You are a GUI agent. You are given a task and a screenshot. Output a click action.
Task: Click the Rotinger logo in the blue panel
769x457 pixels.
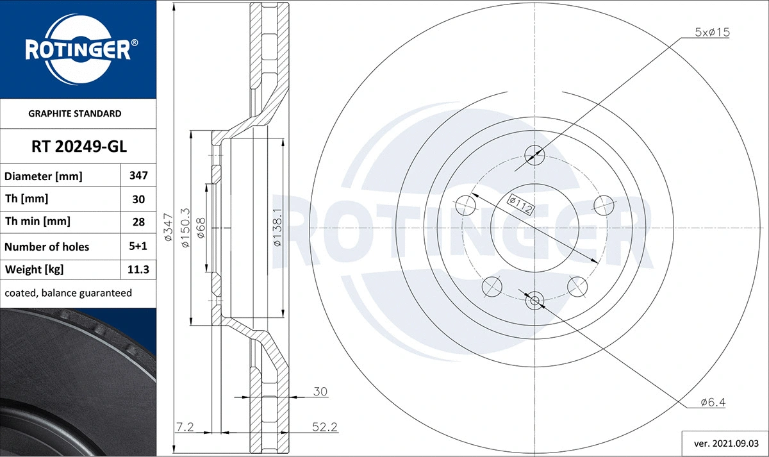pos(78,49)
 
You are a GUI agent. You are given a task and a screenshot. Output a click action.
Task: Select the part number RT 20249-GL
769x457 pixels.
pos(79,147)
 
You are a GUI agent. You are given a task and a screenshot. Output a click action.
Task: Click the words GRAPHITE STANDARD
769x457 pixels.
pos(75,113)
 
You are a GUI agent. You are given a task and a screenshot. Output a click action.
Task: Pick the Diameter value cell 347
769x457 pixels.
pos(138,176)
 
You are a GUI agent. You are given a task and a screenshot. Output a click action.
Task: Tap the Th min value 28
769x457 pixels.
pos(138,222)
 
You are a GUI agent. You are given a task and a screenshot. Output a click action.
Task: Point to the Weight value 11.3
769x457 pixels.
pos(138,270)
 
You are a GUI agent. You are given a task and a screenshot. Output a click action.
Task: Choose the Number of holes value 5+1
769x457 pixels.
pos(138,246)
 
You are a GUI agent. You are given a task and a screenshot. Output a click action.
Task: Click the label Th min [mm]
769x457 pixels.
pos(38,222)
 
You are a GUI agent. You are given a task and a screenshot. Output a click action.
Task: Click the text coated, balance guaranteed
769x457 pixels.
pos(69,293)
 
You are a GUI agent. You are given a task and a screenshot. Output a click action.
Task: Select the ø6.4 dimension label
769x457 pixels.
pos(713,403)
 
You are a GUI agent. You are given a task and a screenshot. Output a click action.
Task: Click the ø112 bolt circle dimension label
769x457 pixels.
pos(520,203)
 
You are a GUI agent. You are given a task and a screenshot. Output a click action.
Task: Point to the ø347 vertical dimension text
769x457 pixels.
pos(168,227)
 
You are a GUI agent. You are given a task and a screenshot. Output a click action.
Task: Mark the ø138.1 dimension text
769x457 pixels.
pos(277,228)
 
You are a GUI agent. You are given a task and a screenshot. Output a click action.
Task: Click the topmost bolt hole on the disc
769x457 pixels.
pos(534,154)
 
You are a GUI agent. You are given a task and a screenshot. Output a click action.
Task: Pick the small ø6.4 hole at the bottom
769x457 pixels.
pos(534,299)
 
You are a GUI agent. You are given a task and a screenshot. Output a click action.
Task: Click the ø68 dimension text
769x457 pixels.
pos(201,228)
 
